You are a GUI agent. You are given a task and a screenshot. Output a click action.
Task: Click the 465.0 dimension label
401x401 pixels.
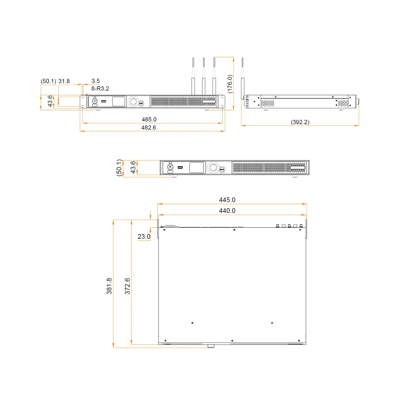(149, 120)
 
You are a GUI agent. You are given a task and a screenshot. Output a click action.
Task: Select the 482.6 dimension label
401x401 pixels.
(149, 128)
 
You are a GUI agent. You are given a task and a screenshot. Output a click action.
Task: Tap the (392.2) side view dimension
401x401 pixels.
(300, 122)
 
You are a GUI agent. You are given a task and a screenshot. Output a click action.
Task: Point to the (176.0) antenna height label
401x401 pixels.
(230, 84)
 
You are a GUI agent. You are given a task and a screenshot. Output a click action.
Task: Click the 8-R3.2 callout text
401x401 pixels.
(100, 89)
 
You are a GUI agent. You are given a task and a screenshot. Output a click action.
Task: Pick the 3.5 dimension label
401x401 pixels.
(96, 81)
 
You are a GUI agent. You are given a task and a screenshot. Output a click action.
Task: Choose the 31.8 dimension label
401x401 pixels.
(64, 81)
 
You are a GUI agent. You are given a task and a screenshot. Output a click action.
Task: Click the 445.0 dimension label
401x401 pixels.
(227, 200)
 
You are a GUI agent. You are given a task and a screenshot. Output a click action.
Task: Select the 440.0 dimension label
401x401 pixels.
(227, 211)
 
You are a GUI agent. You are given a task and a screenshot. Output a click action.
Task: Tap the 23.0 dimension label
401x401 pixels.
(144, 237)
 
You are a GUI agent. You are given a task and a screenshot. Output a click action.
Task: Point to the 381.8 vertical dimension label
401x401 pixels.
(109, 286)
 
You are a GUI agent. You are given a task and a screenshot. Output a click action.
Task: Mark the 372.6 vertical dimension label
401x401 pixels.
(127, 286)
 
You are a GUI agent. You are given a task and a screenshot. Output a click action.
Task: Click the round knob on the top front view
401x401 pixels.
(133, 102)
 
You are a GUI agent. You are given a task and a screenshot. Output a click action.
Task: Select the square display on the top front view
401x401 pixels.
(119, 102)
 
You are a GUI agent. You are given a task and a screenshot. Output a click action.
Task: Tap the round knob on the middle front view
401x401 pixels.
(213, 168)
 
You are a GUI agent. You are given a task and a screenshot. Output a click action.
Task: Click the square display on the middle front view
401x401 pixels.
(196, 168)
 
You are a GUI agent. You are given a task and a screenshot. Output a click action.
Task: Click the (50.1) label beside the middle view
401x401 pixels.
(119, 167)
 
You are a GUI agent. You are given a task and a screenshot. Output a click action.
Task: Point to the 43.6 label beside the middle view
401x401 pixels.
(133, 167)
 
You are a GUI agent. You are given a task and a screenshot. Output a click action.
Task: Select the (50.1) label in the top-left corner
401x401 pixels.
(48, 81)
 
